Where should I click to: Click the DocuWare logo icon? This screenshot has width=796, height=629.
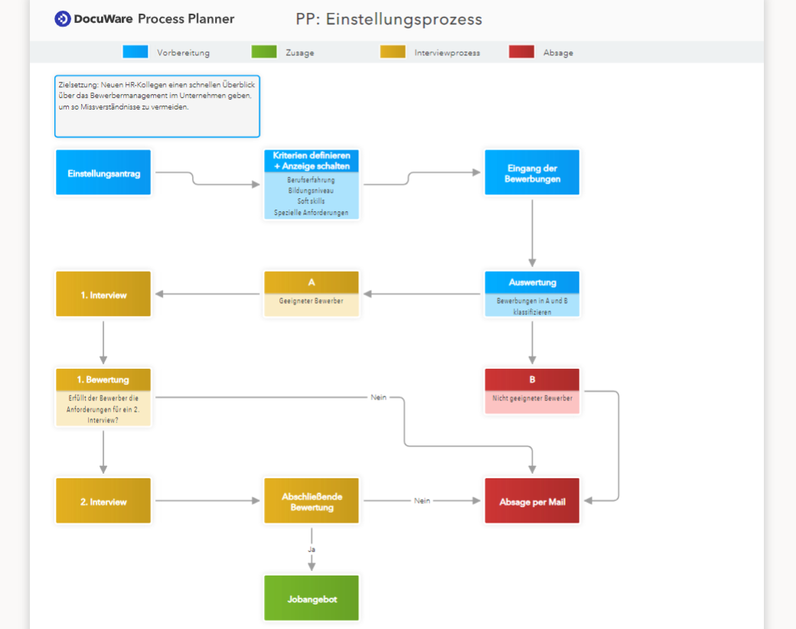pyautogui.click(x=63, y=19)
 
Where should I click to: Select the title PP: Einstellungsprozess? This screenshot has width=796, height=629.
pyautogui.click(x=389, y=19)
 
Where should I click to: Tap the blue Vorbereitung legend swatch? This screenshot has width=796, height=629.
pyautogui.click(x=135, y=52)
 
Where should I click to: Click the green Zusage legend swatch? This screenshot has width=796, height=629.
pyautogui.click(x=264, y=52)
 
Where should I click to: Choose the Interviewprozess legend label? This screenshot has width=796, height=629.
pyautogui.click(x=447, y=53)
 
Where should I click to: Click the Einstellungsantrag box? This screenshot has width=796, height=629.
pyautogui.click(x=103, y=173)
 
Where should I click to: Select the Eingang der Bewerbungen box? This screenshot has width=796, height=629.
pyautogui.click(x=532, y=173)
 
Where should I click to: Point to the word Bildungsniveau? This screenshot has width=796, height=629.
pyautogui.click(x=311, y=191)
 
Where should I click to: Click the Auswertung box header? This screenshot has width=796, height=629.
pyautogui.click(x=532, y=282)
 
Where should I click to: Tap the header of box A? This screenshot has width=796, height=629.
pyautogui.click(x=312, y=282)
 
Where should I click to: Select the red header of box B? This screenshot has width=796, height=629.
pyautogui.click(x=532, y=380)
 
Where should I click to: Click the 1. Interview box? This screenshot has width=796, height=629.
pyautogui.click(x=103, y=295)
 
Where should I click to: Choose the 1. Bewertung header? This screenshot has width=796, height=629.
pyautogui.click(x=103, y=380)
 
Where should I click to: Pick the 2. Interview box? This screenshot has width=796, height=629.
pyautogui.click(x=103, y=502)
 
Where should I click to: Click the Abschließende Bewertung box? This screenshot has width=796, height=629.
pyautogui.click(x=312, y=502)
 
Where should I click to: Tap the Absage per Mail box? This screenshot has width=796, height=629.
pyautogui.click(x=532, y=502)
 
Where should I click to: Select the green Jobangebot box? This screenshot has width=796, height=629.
pyautogui.click(x=312, y=599)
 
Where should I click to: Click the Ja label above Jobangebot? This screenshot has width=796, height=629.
pyautogui.click(x=312, y=549)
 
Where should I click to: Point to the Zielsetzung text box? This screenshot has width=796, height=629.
pyautogui.click(x=157, y=106)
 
